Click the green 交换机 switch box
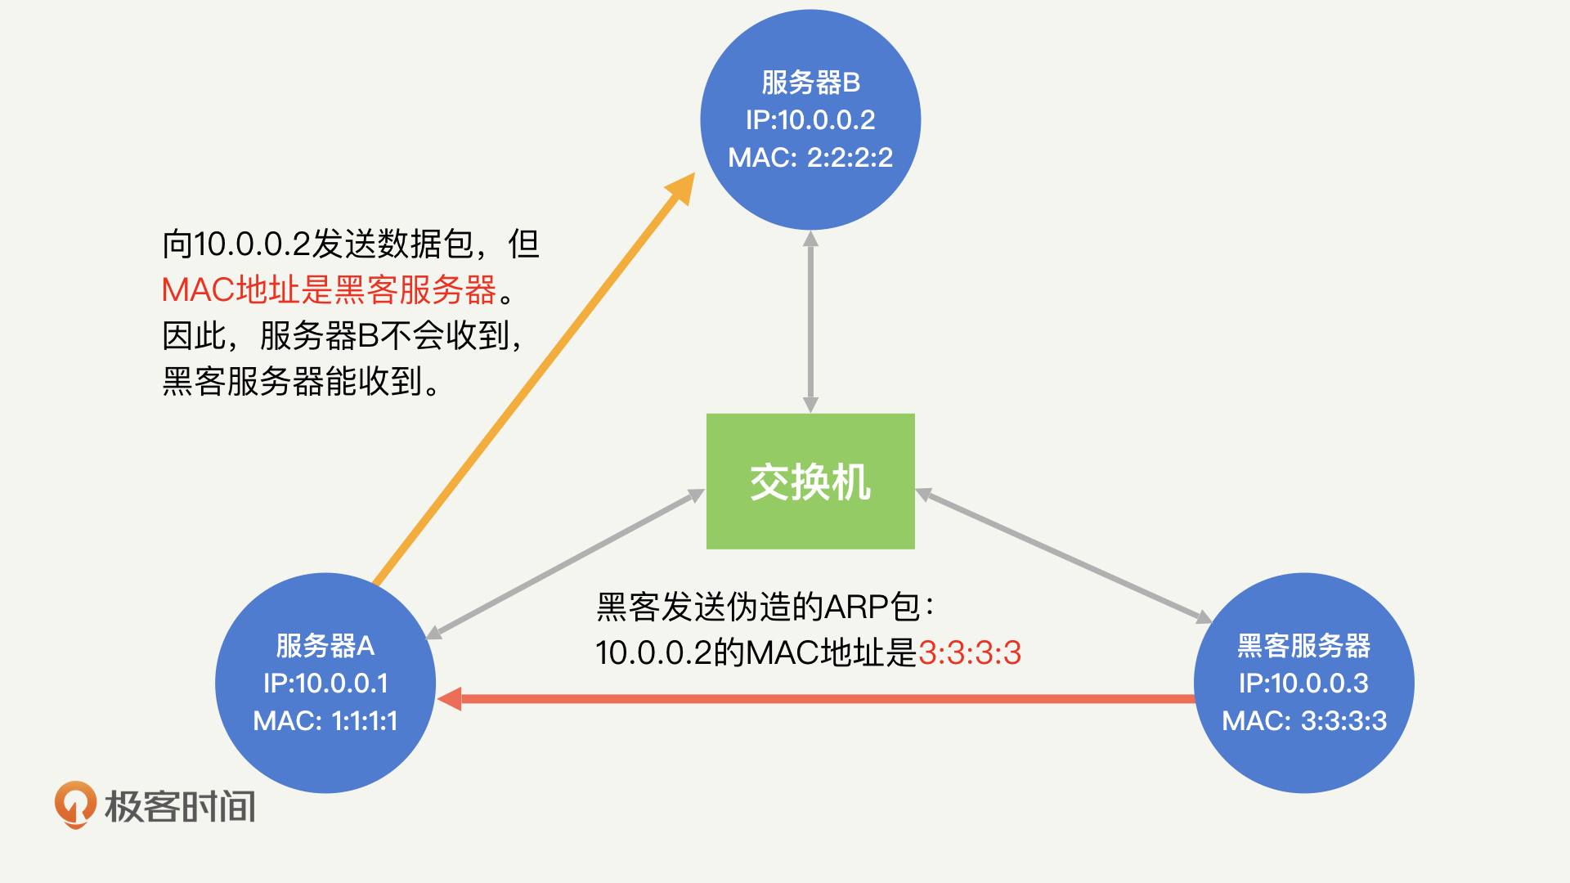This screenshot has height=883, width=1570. pyautogui.click(x=810, y=481)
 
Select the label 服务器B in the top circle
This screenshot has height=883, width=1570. pyautogui.click(x=810, y=83)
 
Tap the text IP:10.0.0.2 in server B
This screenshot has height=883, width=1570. pyautogui.click(x=810, y=120)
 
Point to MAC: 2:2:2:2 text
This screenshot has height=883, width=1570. pyautogui.click(x=810, y=157)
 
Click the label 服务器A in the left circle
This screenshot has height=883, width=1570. pyautogui.click(x=325, y=646)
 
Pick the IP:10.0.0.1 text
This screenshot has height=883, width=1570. pyautogui.click(x=325, y=684)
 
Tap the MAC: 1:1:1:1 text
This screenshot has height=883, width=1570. pyautogui.click(x=325, y=721)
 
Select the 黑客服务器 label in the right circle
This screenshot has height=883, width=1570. pyautogui.click(x=1303, y=646)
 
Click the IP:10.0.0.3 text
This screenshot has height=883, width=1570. pyautogui.click(x=1303, y=684)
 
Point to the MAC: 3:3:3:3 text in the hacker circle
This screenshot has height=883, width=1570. pyautogui.click(x=1303, y=721)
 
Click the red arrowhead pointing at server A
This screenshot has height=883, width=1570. pyautogui.click(x=451, y=699)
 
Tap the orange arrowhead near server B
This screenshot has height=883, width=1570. pyautogui.click(x=682, y=187)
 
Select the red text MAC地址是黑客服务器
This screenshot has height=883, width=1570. pyautogui.click(x=329, y=289)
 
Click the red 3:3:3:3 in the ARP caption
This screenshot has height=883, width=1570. pyautogui.click(x=970, y=653)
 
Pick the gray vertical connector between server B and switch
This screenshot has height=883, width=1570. pyautogui.click(x=810, y=321)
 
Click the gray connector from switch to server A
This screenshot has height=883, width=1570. pyautogui.click(x=564, y=563)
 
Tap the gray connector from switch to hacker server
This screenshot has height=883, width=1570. pyautogui.click(x=1063, y=557)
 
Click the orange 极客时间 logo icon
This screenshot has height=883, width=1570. pyautogui.click(x=75, y=805)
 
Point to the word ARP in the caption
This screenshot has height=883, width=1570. pyautogui.click(x=856, y=607)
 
